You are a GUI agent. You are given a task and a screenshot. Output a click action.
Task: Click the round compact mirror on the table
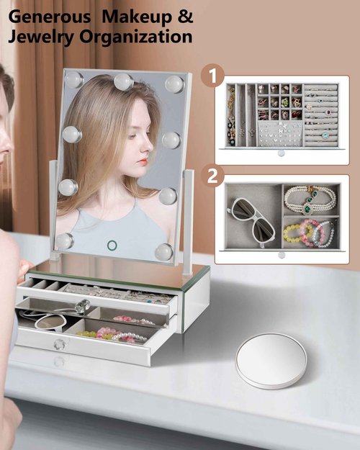pyautogui.click(x=271, y=359)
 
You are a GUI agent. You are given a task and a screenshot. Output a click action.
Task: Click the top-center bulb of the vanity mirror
pyautogui.click(x=123, y=81)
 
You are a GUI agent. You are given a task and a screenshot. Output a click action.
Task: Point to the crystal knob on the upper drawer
pyautogui.click(x=83, y=305)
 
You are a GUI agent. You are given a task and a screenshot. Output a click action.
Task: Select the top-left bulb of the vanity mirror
pyautogui.click(x=73, y=79)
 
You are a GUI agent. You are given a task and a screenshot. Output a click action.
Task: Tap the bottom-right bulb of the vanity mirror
pyautogui.click(x=164, y=251)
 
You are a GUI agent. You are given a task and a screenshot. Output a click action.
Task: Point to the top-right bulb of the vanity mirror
pyautogui.click(x=174, y=84)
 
